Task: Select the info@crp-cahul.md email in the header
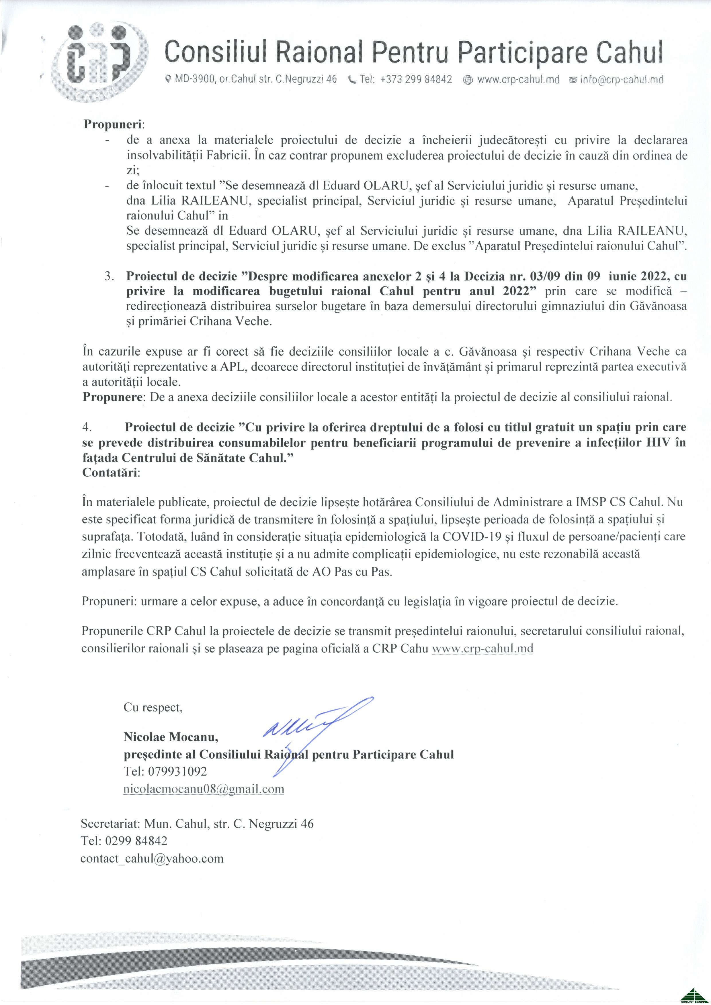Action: click(x=621, y=80)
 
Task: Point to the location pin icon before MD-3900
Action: click(x=168, y=80)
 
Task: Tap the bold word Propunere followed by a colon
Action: click(x=113, y=397)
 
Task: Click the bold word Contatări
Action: click(x=110, y=473)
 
